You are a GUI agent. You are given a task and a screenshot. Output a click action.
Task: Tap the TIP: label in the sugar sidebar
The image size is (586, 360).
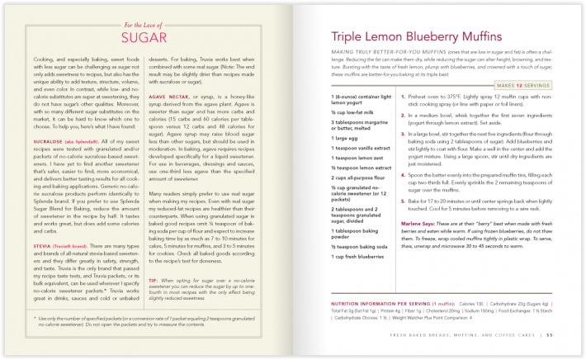155,280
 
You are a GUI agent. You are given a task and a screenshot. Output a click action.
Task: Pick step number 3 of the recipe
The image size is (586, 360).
402,154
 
